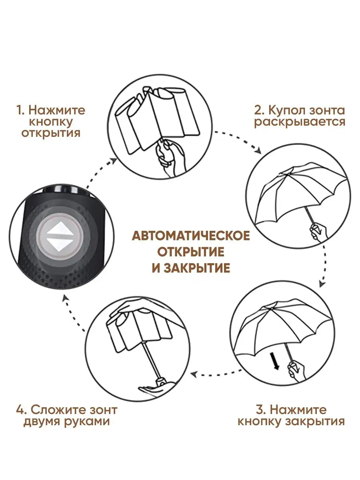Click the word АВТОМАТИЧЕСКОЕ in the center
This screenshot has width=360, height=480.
[x=191, y=236]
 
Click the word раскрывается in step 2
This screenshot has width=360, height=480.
[x=300, y=122]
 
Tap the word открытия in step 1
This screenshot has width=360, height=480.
[x=51, y=133]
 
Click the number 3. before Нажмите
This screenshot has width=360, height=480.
[x=260, y=410]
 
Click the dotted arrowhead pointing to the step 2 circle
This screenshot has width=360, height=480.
[x=258, y=151]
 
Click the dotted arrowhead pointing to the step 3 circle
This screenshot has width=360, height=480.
[x=322, y=284]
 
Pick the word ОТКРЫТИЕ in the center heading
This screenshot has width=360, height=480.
[x=191, y=252]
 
